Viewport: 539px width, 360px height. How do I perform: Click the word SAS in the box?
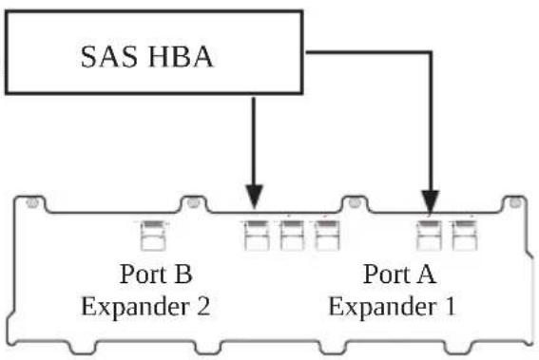[109, 57]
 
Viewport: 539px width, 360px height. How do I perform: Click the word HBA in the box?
[181, 57]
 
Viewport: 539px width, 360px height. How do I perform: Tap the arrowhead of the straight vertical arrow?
[254, 197]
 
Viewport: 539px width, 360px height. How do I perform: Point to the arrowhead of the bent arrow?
[431, 202]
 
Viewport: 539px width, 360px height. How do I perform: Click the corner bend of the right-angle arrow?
[431, 52]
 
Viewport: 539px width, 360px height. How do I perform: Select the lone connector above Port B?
[153, 236]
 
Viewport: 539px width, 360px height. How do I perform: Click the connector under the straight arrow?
[257, 236]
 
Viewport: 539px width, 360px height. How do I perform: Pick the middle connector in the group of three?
[292, 236]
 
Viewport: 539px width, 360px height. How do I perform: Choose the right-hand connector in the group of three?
[327, 236]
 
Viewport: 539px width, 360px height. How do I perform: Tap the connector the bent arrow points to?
[429, 236]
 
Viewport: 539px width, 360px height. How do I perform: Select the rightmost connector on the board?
[465, 236]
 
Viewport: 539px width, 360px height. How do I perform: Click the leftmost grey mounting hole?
[32, 202]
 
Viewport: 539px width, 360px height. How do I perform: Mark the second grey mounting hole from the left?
[193, 202]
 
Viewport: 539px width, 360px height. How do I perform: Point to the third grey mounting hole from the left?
[355, 202]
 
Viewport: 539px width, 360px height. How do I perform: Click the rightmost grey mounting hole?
[514, 202]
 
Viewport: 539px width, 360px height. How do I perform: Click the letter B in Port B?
[183, 275]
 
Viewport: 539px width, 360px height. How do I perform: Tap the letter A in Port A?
[426, 275]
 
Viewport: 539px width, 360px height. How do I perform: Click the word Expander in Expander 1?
[382, 307]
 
